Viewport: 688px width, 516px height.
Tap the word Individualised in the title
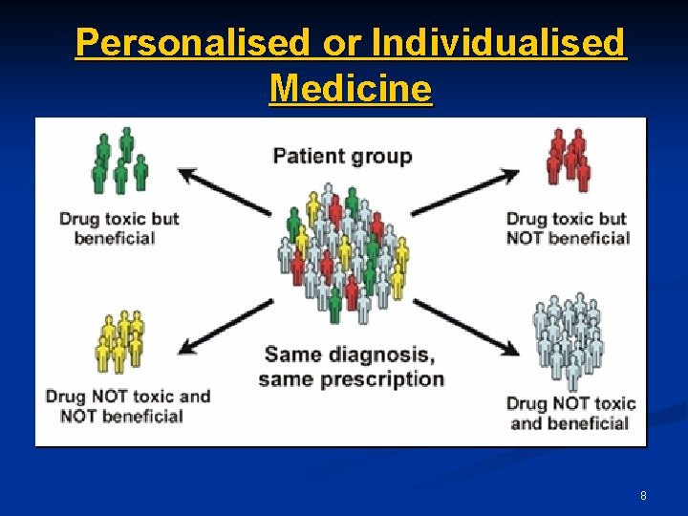coord(498,44)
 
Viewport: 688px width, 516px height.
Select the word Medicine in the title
coord(351,89)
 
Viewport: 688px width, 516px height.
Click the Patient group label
coord(342,156)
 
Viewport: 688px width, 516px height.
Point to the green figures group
coord(119,161)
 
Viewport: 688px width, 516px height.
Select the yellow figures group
coord(119,341)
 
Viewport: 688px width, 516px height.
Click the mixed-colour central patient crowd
coord(345,253)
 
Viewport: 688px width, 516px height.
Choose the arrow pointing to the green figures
coord(226,191)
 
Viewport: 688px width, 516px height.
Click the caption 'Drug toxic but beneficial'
coord(118,227)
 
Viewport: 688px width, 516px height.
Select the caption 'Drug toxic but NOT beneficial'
coord(568,227)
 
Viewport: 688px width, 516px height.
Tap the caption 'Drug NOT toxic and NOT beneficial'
coord(127,405)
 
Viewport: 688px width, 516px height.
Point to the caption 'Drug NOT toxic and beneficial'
coord(570,412)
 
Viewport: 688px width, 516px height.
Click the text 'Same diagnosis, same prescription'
coord(350,367)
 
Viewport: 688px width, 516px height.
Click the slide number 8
coord(643,496)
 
